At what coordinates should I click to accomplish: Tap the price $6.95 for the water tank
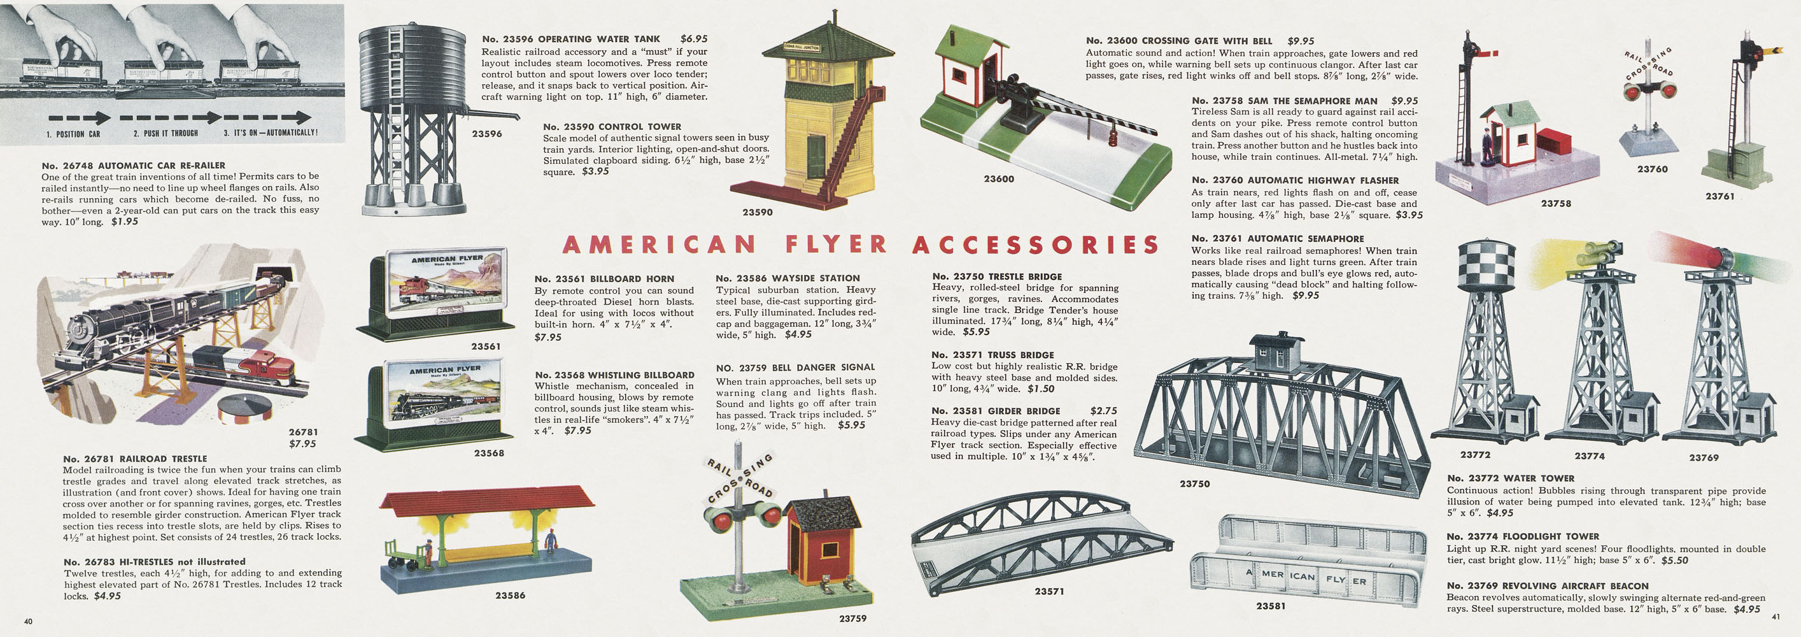[x=693, y=39]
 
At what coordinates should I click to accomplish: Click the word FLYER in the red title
[x=836, y=245]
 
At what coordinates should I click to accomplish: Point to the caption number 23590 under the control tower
[x=757, y=212]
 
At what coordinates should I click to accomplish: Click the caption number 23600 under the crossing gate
[x=998, y=179]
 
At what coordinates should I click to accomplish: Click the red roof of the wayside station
[x=486, y=498]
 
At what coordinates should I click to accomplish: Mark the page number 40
[x=28, y=621]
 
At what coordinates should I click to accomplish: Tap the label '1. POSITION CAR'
[x=73, y=134]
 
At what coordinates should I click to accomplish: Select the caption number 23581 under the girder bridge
[x=1270, y=606]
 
